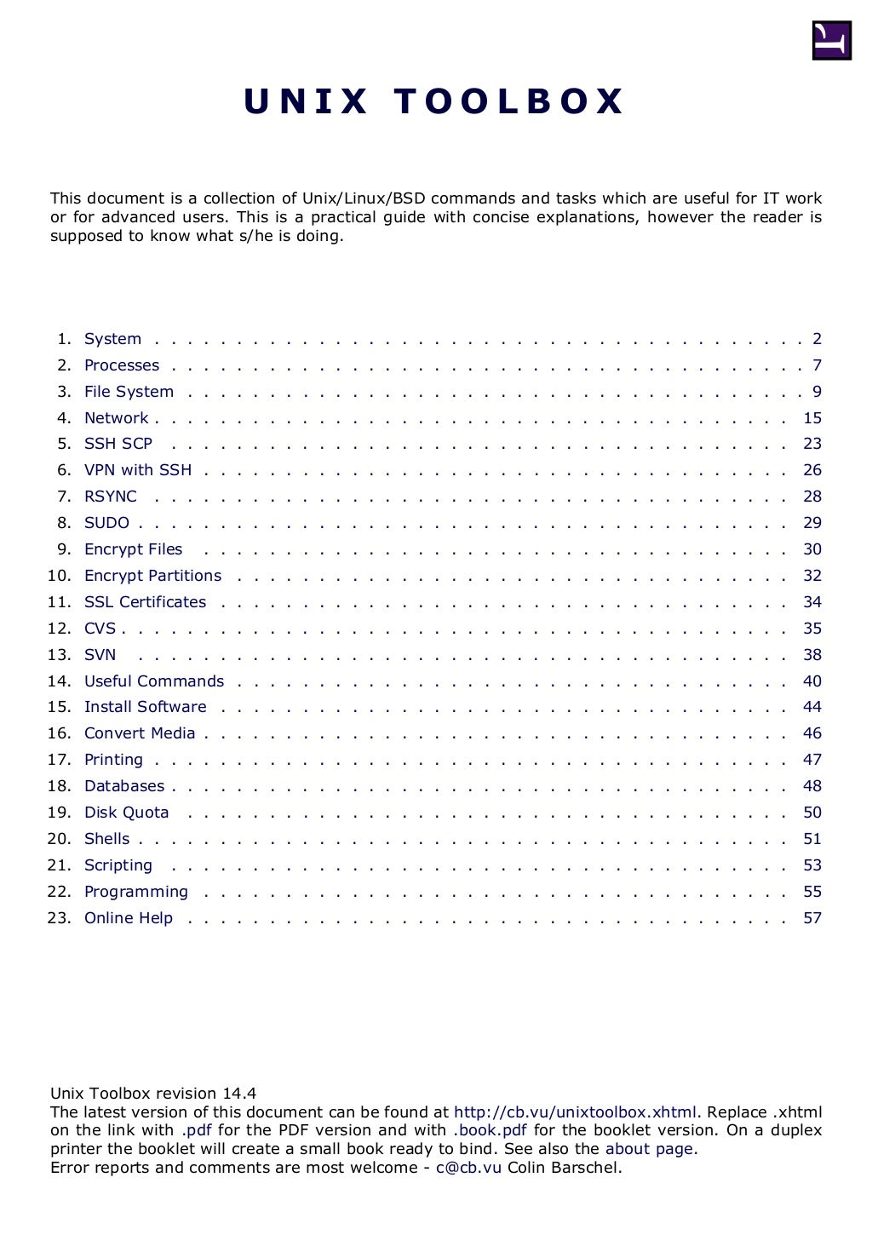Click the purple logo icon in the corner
(x=831, y=40)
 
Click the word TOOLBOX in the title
(x=509, y=101)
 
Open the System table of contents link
(x=112, y=339)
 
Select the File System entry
(x=129, y=392)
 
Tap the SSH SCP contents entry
(x=118, y=444)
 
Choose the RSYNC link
(x=111, y=497)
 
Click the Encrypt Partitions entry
(x=152, y=576)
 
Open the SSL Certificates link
(x=145, y=602)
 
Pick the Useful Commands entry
(x=154, y=681)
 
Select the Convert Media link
(x=140, y=733)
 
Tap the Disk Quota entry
(x=126, y=813)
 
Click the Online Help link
(x=129, y=918)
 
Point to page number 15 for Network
(x=812, y=418)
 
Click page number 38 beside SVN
(x=812, y=655)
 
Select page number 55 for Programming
(x=812, y=892)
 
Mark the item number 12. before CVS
(x=59, y=629)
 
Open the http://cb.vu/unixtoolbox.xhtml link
(x=575, y=1112)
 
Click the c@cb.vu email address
(x=468, y=1168)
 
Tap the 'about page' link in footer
(x=649, y=1149)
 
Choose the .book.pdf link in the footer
(x=490, y=1130)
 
